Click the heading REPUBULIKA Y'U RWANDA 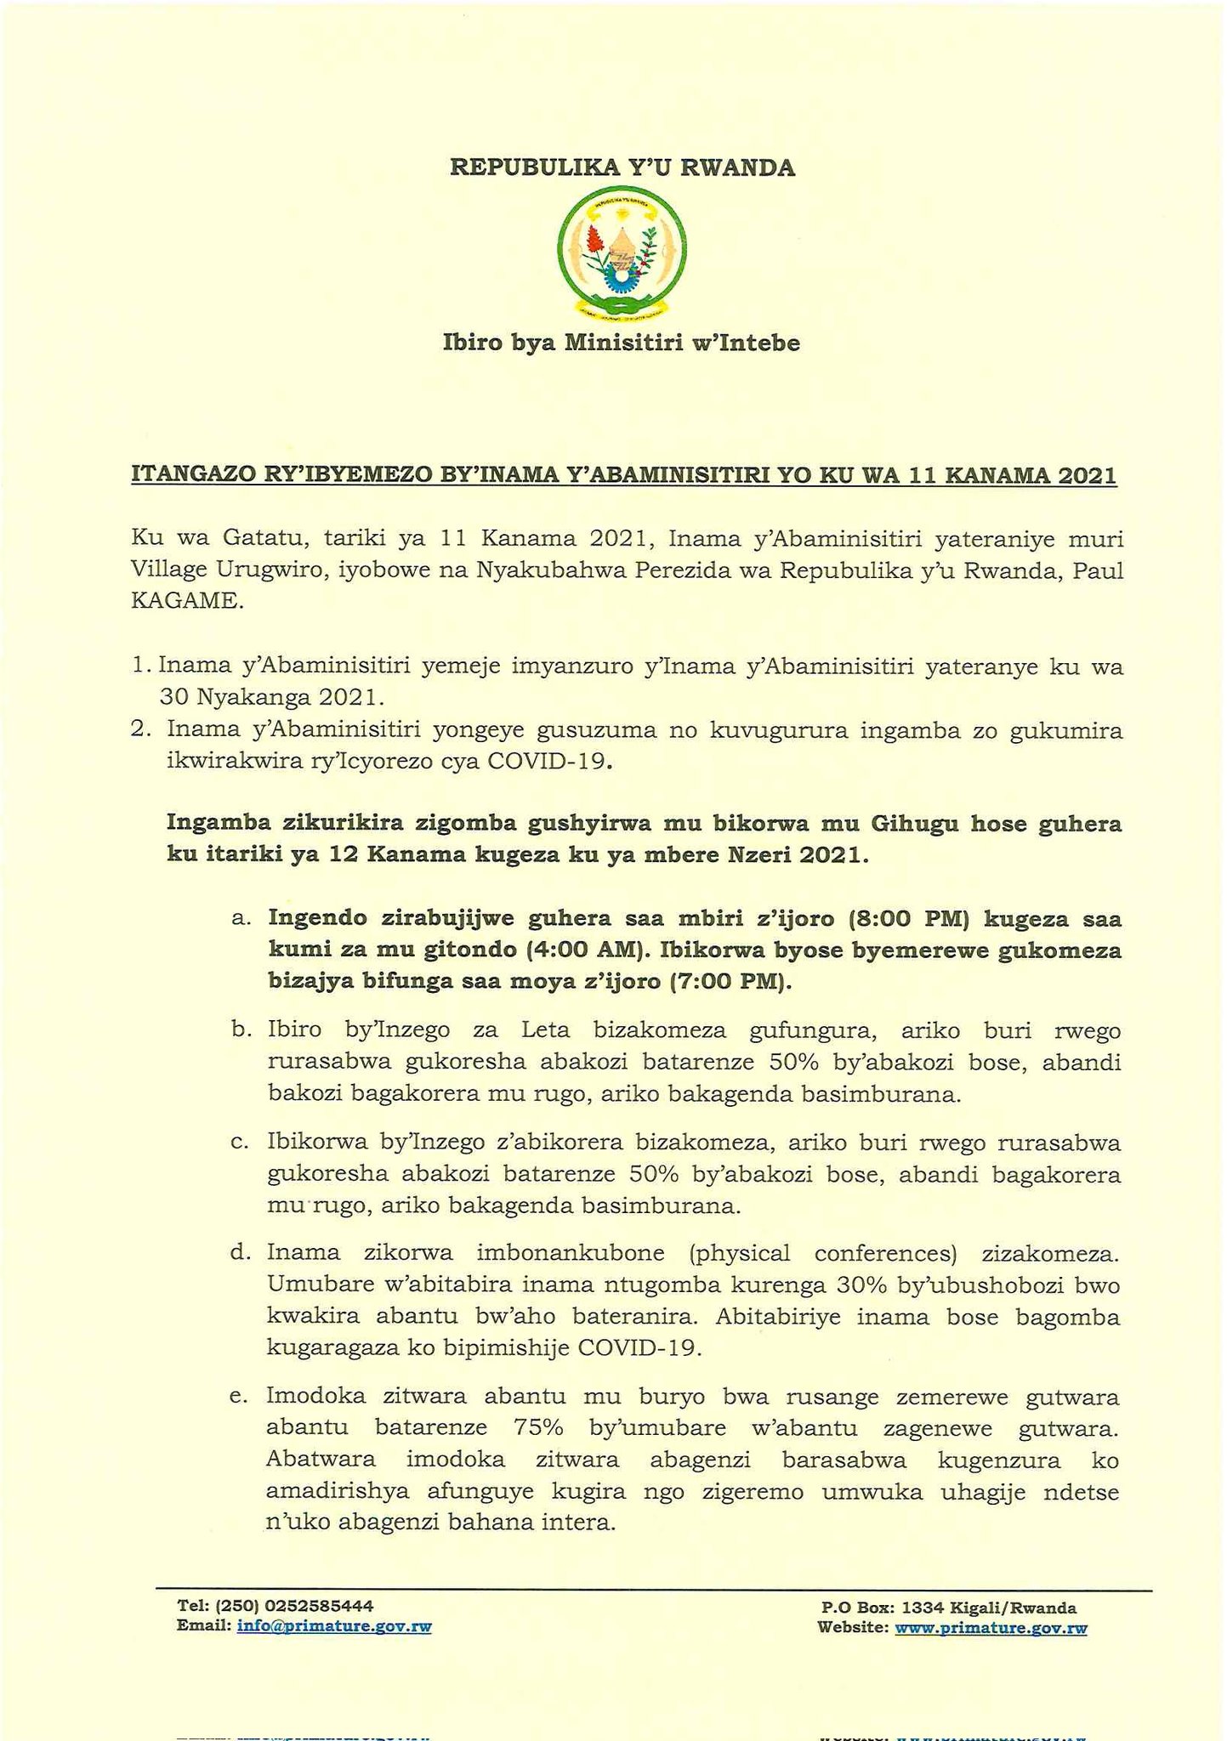pyautogui.click(x=622, y=167)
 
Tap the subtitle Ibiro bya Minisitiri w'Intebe pyautogui.click(x=622, y=343)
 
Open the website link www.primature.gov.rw pyautogui.click(x=991, y=1629)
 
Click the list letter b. pyautogui.click(x=238, y=1031)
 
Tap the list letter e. pyautogui.click(x=238, y=1397)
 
